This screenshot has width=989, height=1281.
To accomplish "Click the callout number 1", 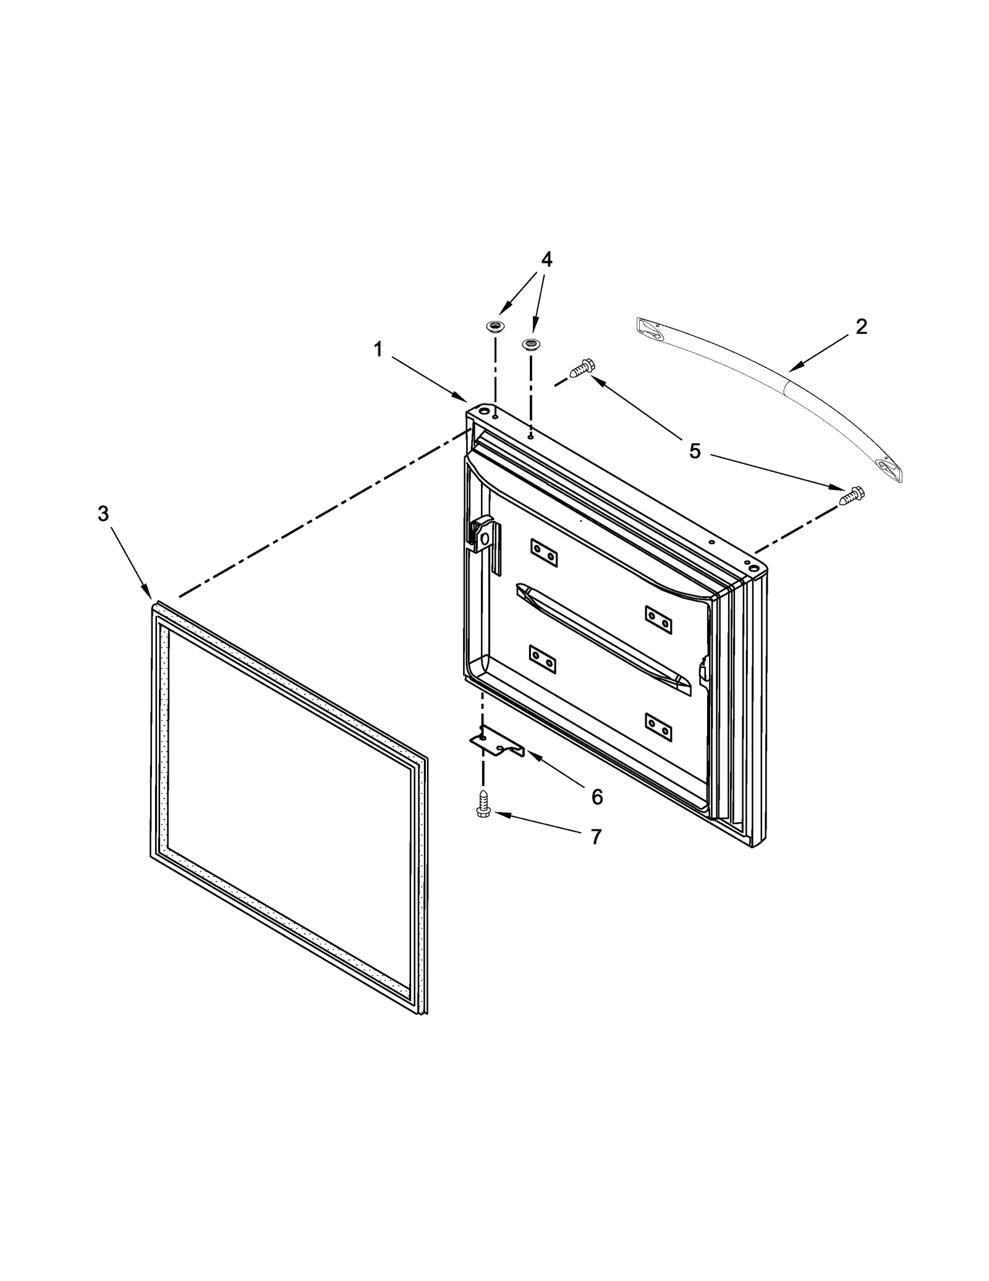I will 378,350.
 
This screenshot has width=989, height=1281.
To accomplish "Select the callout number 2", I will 861,327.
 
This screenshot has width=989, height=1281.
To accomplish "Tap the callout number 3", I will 103,513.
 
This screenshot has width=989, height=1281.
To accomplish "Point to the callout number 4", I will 546,260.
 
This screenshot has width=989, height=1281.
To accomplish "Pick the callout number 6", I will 596,797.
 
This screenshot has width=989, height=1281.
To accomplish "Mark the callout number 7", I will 595,837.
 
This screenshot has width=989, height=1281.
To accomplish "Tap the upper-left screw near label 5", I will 582,369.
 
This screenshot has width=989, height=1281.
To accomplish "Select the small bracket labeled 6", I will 497,743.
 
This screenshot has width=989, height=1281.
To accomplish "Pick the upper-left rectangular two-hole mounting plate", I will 544,552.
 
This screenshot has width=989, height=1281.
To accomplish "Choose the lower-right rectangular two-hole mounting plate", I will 659,727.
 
